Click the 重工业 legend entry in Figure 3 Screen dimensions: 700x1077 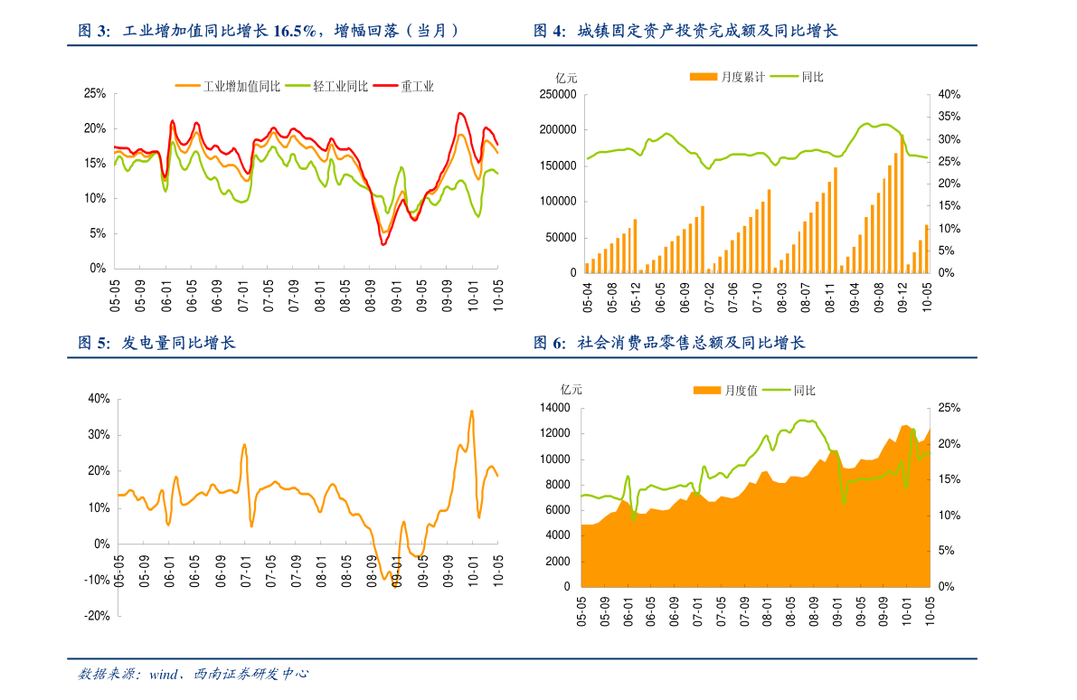pyautogui.click(x=418, y=87)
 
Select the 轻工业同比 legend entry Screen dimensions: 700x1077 pyautogui.click(x=340, y=87)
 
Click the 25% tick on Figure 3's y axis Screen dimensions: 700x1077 pyautogui.click(x=95, y=93)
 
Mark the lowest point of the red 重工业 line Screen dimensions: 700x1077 pyautogui.click(x=383, y=244)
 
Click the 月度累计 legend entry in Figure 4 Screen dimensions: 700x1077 pyautogui.click(x=742, y=77)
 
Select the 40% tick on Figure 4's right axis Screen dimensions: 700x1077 pyautogui.click(x=949, y=94)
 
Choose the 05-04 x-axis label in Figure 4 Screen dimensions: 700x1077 pyautogui.click(x=588, y=297)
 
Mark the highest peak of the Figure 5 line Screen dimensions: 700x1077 pyautogui.click(x=471, y=411)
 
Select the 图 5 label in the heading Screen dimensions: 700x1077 pyautogui.click(x=93, y=344)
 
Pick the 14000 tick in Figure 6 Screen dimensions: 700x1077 pyautogui.click(x=555, y=408)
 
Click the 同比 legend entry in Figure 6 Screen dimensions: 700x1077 pyautogui.click(x=804, y=391)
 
